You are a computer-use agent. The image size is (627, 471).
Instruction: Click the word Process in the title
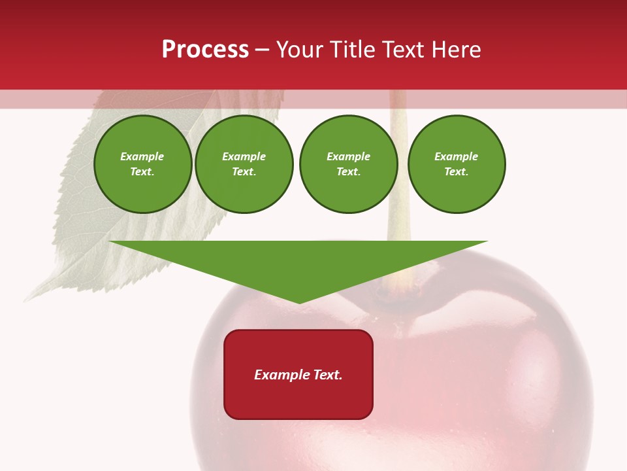[x=205, y=50]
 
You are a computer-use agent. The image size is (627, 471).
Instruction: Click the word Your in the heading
[x=299, y=50]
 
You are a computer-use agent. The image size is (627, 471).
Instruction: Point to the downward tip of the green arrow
[x=299, y=302]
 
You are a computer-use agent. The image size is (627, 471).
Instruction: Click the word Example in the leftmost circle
[x=142, y=156]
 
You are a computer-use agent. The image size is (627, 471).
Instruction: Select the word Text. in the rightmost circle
[x=457, y=171]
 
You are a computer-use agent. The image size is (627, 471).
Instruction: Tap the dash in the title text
[x=262, y=50]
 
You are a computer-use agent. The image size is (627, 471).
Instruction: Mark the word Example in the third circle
[x=348, y=156]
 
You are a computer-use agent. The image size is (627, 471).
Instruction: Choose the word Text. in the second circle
[x=244, y=171]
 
